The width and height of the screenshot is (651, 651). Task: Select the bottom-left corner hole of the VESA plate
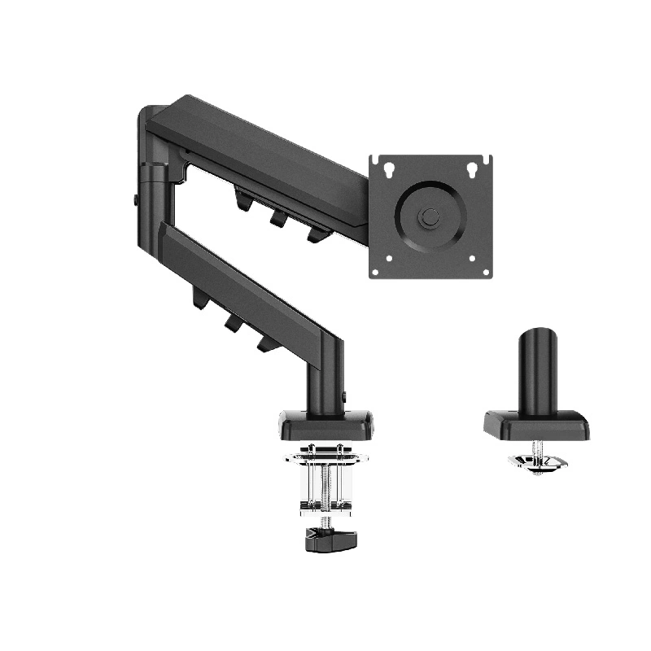click(x=388, y=259)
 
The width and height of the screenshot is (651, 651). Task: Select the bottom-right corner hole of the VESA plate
click(x=473, y=259)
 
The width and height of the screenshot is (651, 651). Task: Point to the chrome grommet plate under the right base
click(x=538, y=463)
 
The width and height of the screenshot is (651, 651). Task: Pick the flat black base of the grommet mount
click(x=537, y=424)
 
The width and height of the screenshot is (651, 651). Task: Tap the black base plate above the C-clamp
click(x=326, y=423)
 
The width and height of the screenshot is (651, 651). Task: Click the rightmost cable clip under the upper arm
click(x=316, y=234)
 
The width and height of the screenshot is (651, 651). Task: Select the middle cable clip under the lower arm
click(x=233, y=322)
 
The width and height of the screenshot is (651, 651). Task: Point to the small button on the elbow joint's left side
click(x=135, y=200)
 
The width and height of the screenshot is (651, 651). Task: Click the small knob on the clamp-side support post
click(x=345, y=397)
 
